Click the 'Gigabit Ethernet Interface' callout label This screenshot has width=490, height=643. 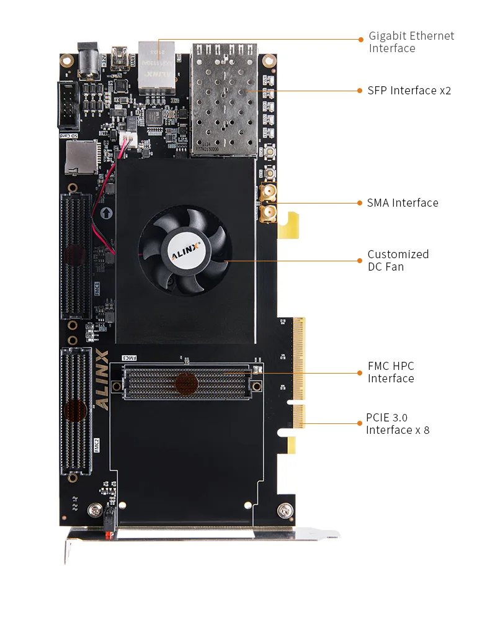point(411,42)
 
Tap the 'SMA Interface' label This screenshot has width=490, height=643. point(403,203)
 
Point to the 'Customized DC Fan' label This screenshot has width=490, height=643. point(398,260)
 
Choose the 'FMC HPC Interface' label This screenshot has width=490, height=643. point(391,372)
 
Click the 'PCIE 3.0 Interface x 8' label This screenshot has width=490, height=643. point(397,424)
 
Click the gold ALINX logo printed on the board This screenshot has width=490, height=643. point(102,379)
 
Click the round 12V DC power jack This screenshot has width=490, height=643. point(87,61)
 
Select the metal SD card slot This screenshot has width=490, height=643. point(81,157)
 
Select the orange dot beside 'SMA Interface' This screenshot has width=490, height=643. point(360,203)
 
